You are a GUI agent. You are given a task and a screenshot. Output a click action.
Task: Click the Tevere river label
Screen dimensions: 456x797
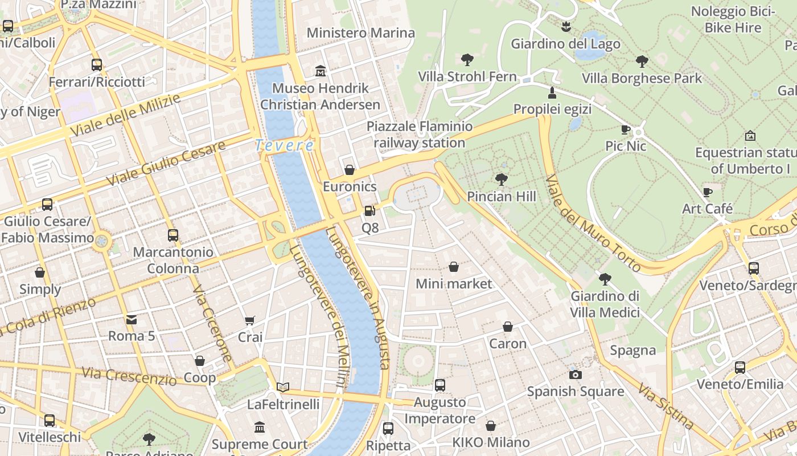(284, 145)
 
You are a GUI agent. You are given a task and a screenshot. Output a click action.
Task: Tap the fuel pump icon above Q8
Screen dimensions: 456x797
(370, 211)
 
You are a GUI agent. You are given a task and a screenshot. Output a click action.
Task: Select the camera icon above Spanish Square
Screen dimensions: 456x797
(576, 374)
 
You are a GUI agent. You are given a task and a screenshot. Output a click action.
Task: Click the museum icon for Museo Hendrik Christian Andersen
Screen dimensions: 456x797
(321, 71)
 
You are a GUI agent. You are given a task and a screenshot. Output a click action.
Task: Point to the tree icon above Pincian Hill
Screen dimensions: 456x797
(502, 180)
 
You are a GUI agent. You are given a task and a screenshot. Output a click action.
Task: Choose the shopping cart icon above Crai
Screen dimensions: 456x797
(250, 320)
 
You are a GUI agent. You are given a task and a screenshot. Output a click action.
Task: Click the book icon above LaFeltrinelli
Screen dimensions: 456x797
(283, 388)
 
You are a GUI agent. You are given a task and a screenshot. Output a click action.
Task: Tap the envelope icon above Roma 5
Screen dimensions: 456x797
(132, 319)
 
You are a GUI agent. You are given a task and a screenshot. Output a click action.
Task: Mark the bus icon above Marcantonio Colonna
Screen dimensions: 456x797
(172, 235)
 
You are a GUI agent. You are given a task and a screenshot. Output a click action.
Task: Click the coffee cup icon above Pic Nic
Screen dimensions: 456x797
(626, 129)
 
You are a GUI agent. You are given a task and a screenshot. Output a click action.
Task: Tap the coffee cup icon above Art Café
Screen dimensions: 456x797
(708, 192)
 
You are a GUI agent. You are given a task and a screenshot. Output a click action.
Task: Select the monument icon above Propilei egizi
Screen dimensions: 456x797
(552, 92)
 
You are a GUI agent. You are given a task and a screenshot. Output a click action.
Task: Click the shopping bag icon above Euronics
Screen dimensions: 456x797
(350, 170)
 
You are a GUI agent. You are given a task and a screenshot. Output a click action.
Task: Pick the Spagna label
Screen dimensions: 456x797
(633, 350)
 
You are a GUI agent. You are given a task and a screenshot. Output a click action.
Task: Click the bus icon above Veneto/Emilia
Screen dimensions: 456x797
(740, 368)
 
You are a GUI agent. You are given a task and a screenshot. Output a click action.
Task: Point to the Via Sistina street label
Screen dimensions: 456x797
(665, 406)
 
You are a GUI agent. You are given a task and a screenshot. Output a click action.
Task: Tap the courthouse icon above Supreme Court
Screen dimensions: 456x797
(260, 427)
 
